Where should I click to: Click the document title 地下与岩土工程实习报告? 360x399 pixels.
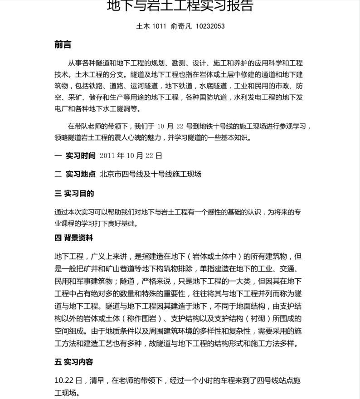pos(180,6)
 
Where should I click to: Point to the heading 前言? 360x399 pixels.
pos(63,45)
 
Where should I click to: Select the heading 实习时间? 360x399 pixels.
pos(81,156)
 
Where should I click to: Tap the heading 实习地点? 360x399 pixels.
pos(81,174)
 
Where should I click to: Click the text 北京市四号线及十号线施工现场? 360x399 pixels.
pos(151,174)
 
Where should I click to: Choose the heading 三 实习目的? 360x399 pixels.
pos(74,194)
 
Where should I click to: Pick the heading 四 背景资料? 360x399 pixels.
pos(74,238)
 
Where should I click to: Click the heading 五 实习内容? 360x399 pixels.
pos(74,362)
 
